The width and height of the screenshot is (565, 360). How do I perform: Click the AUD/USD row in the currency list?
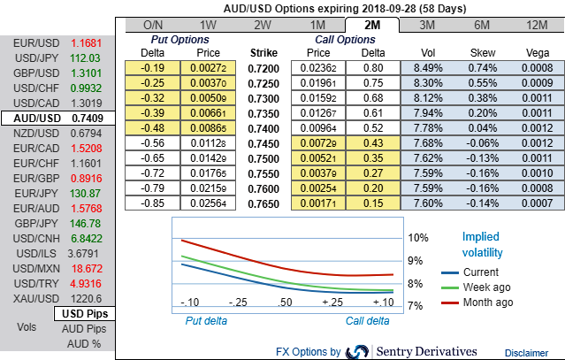pos(57,118)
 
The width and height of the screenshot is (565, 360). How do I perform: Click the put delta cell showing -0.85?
pos(156,203)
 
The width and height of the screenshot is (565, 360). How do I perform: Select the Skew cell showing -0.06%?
pos(481,143)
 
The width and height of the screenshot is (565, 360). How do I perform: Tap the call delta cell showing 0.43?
pos(373,143)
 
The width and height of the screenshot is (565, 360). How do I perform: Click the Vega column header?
pos(536,52)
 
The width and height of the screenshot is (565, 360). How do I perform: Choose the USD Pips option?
pos(86,314)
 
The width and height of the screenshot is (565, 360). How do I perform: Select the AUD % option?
pos(86,343)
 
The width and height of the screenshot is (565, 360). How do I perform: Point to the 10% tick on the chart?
pos(417,237)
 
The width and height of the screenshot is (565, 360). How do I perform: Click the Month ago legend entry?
pos(488,302)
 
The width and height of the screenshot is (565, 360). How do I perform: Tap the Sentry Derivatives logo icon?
pos(358,352)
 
